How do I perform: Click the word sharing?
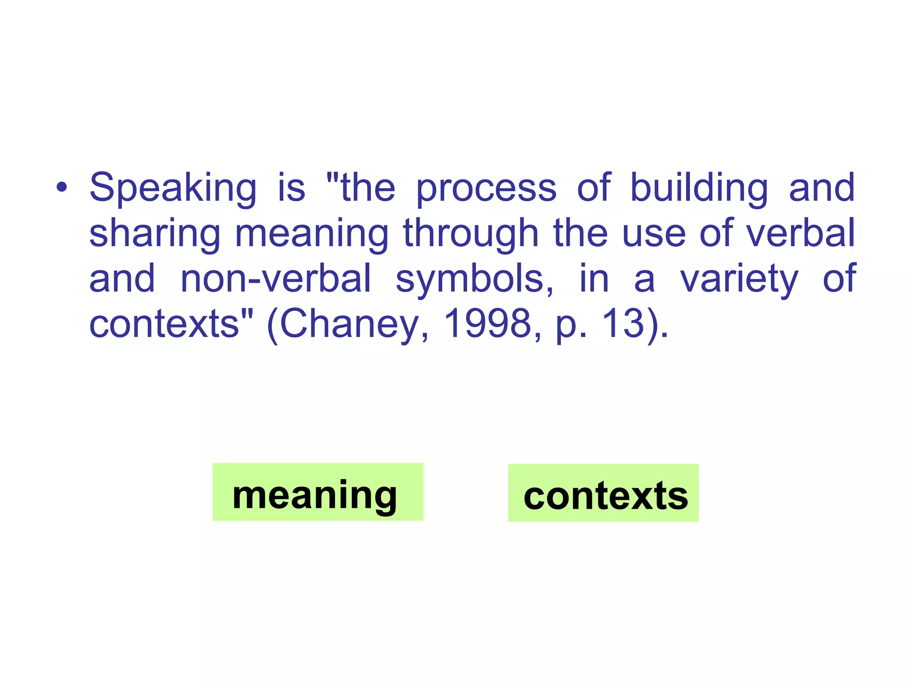click(x=155, y=234)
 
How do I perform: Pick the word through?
click(x=471, y=234)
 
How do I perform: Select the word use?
click(x=653, y=234)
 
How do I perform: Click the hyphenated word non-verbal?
click(x=276, y=279)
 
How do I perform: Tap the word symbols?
click(x=474, y=280)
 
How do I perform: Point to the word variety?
click(x=739, y=280)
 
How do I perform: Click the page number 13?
click(x=623, y=324)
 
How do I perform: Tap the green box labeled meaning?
click(x=318, y=492)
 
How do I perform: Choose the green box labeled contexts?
click(x=603, y=493)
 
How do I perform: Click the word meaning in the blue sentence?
click(x=311, y=234)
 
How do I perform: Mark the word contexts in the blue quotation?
click(x=165, y=324)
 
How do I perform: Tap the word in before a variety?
click(x=594, y=279)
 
